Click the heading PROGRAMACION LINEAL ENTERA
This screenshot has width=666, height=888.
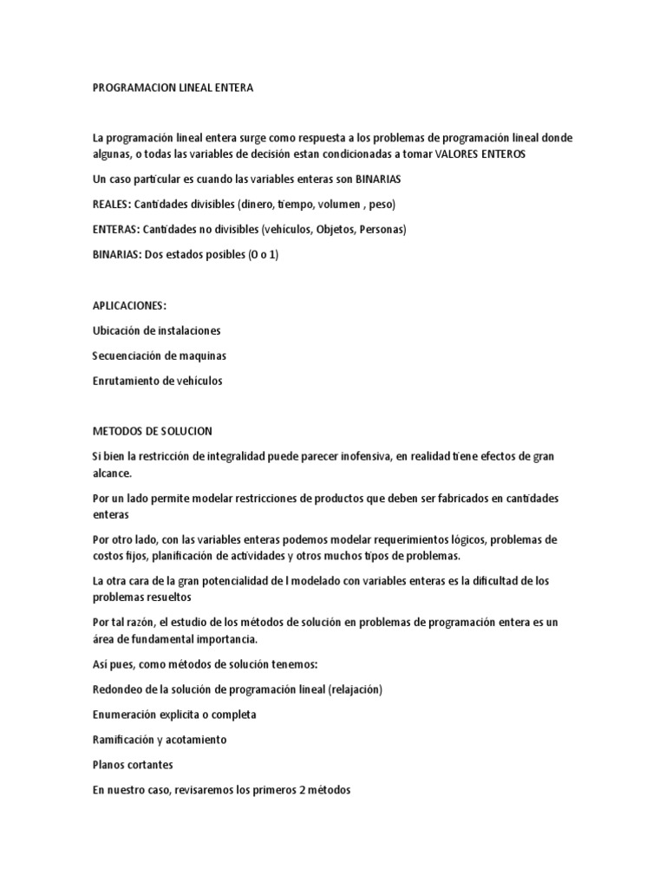coord(173,88)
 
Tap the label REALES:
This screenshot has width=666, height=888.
coord(111,205)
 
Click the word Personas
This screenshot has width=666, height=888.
coord(378,230)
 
